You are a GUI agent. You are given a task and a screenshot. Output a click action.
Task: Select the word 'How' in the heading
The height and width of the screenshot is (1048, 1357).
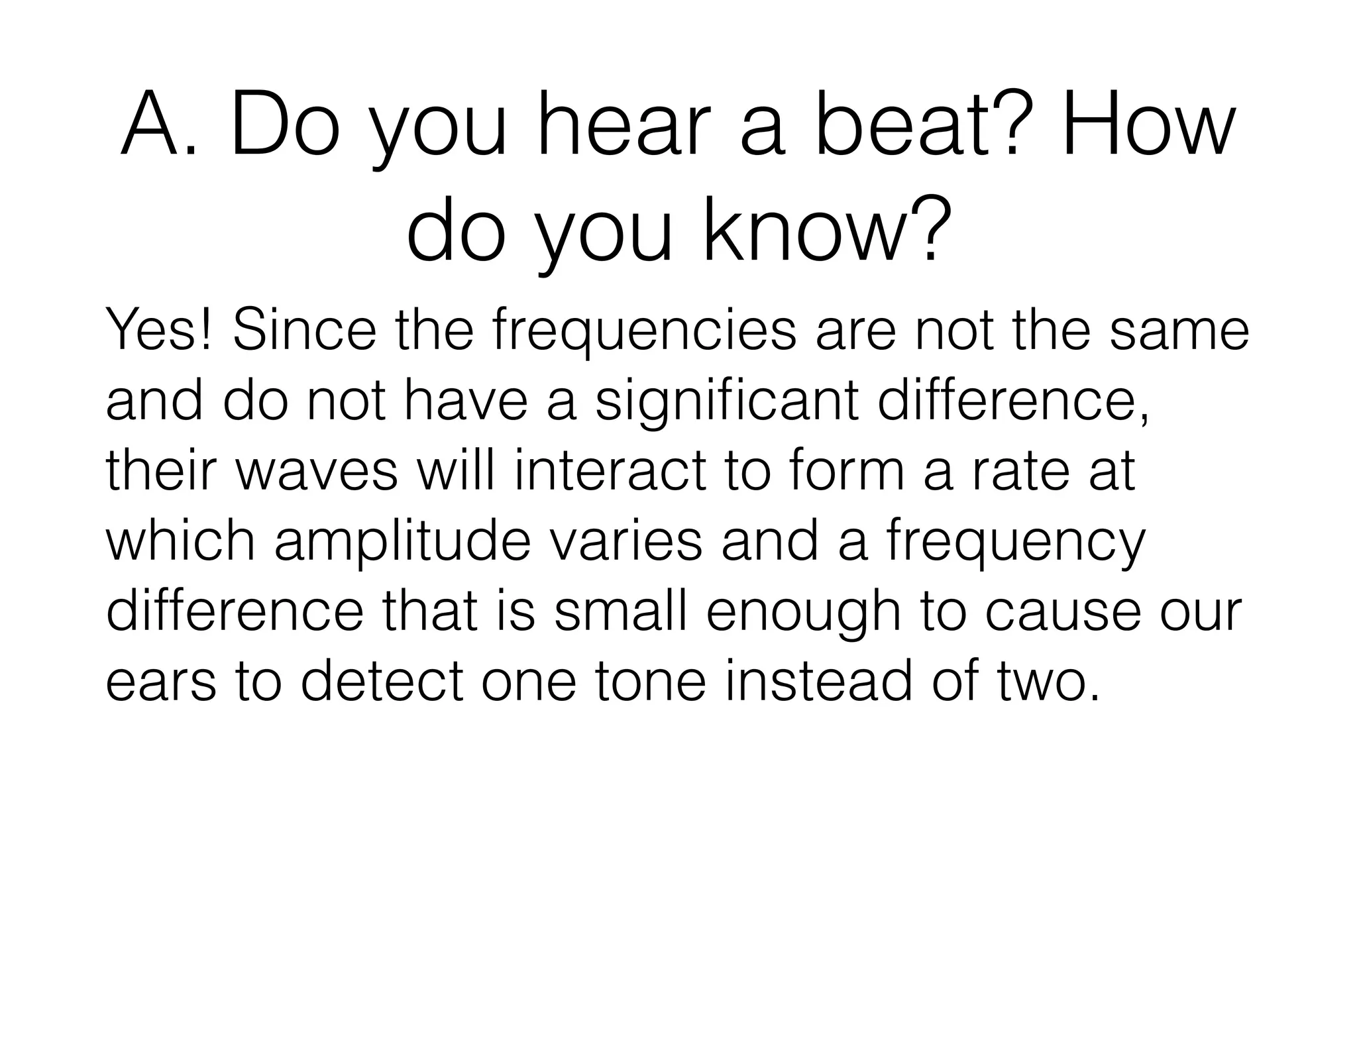pos(1147,127)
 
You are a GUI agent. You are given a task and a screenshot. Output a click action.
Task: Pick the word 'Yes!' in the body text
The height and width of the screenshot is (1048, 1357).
pos(159,331)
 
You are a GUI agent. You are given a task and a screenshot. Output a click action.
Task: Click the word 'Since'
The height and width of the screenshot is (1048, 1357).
pos(304,331)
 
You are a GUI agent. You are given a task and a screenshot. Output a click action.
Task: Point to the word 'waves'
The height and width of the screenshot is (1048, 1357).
pos(317,472)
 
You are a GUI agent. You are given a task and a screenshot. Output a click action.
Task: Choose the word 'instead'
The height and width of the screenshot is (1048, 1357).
pos(819,681)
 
